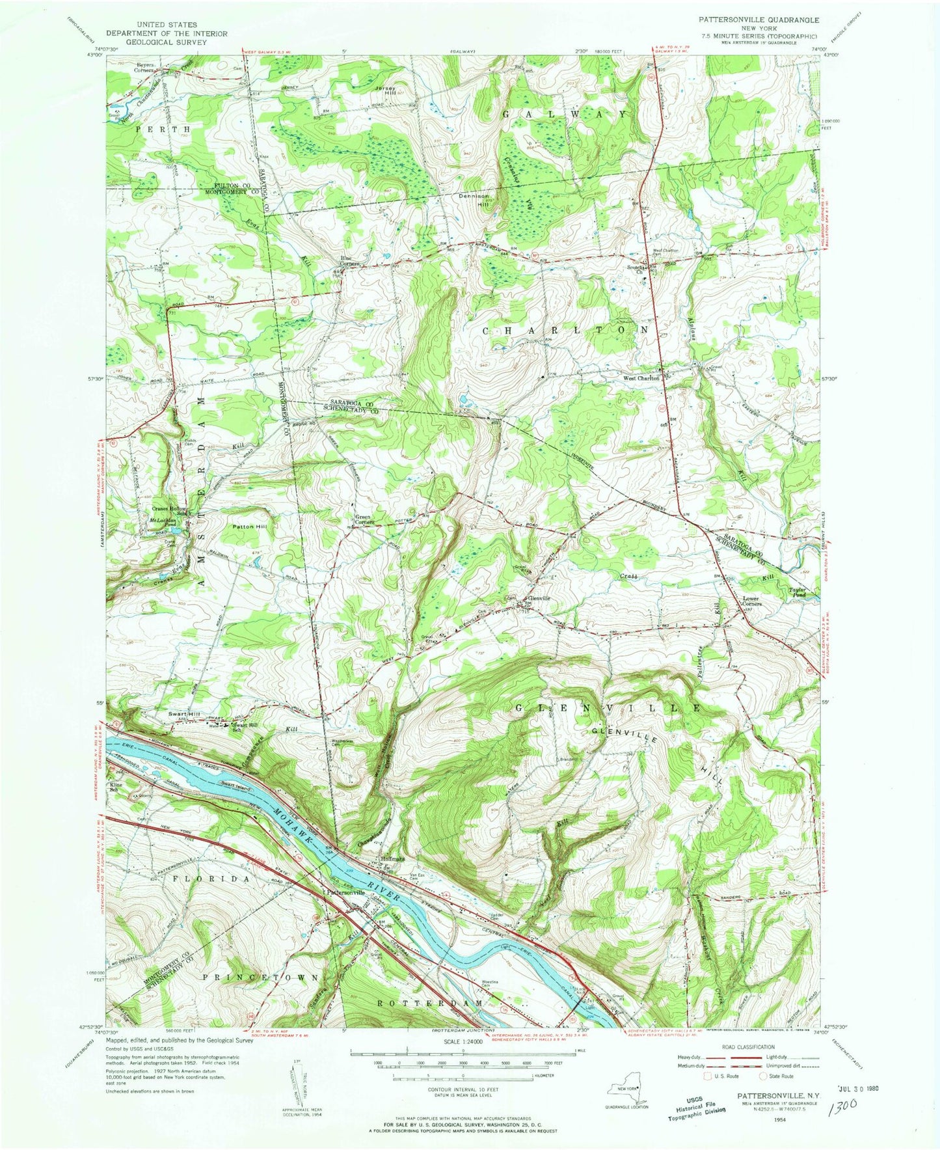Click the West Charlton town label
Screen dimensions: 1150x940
coord(641,377)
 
